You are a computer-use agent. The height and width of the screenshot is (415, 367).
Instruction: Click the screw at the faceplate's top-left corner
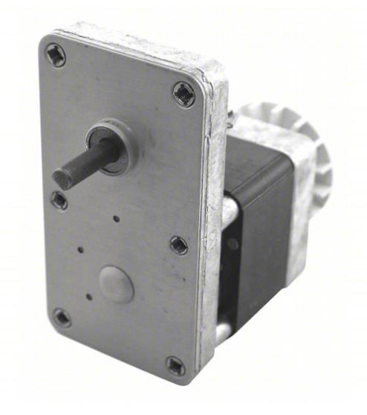pos(56,54)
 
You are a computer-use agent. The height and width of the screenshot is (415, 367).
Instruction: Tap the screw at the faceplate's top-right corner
pos(184,94)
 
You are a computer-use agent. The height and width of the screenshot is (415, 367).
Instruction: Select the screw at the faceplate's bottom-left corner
pos(62,318)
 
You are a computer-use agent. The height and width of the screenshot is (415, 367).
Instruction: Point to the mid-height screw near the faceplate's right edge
pos(178,244)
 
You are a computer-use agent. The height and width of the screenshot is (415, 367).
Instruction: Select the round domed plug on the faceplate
pos(117,283)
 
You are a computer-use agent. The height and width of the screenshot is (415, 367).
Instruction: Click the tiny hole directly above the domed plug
pos(117,219)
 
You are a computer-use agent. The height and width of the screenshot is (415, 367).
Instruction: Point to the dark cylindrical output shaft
pos(85,164)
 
